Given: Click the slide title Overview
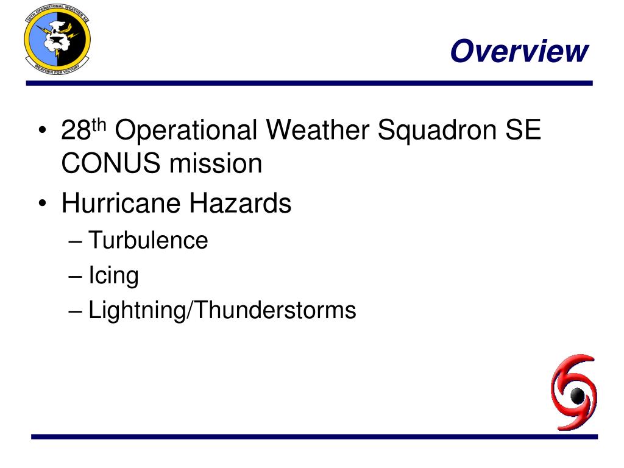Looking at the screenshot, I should [520, 51].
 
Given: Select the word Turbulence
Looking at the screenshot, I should [148, 240].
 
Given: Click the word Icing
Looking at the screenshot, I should [113, 275].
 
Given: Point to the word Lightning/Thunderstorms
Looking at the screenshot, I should [222, 311].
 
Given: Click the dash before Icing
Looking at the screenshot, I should [76, 276].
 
